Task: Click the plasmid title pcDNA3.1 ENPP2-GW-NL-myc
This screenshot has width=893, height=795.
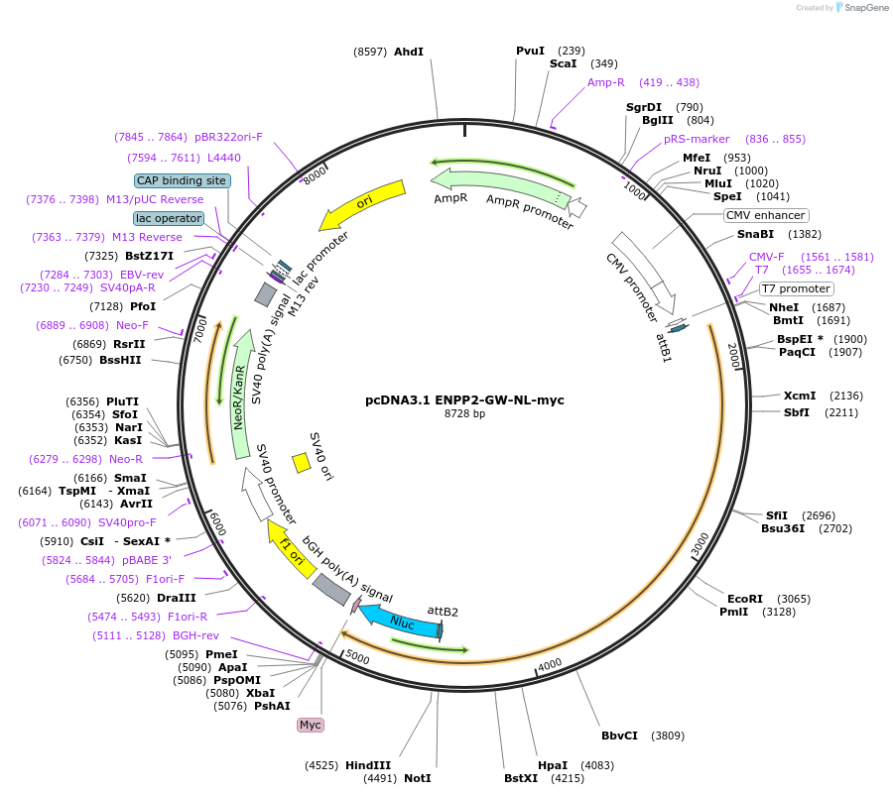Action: coord(464,400)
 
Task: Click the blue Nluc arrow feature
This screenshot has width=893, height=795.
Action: coord(401,622)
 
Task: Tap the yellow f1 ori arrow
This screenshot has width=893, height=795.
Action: coord(292,548)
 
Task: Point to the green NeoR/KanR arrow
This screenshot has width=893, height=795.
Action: coord(241,395)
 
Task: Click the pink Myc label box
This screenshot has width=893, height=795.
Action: coord(311,725)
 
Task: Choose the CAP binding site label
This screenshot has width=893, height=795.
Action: coord(183,180)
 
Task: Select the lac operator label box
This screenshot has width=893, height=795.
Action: coord(169,218)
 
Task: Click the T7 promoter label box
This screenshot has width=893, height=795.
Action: coord(796,288)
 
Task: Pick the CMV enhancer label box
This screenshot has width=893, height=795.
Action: coord(765,215)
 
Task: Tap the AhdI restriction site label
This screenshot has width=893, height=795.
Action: coord(409,52)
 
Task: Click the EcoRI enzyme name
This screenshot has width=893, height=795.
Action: coord(745,599)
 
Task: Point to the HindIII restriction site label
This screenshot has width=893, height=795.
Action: coord(368,765)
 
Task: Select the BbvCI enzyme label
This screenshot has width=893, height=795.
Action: coord(619,736)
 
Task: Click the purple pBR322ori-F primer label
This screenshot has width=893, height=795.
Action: coord(228,137)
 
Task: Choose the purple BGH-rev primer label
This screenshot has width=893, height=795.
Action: coord(195,635)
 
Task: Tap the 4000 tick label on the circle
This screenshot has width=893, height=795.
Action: coord(550,664)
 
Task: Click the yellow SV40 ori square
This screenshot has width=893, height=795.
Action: coord(302,463)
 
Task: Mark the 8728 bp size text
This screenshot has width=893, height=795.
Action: coord(464,413)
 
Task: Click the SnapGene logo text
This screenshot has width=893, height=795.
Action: coord(865,7)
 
